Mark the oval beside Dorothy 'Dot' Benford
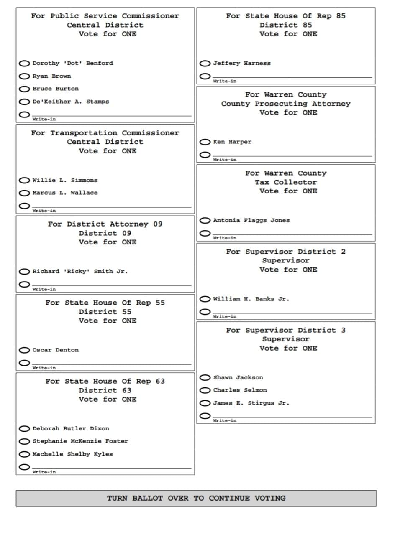(x=25, y=64)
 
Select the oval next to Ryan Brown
(x=25, y=76)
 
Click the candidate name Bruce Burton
(x=55, y=89)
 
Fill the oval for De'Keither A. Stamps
(x=25, y=102)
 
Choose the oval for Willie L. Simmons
(x=25, y=180)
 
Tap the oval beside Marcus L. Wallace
(x=25, y=193)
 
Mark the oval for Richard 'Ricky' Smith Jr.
(x=25, y=272)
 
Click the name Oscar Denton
(x=55, y=350)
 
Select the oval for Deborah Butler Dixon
(x=25, y=428)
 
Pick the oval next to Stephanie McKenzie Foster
(x=25, y=441)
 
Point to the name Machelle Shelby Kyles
(x=72, y=454)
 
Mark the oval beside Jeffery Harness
(x=205, y=64)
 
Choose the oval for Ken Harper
(x=205, y=142)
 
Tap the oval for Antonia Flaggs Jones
(x=205, y=220)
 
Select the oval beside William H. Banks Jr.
(x=205, y=299)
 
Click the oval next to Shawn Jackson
(x=205, y=377)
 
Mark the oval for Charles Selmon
(x=205, y=390)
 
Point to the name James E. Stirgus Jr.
(x=251, y=403)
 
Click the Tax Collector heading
(x=286, y=182)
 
